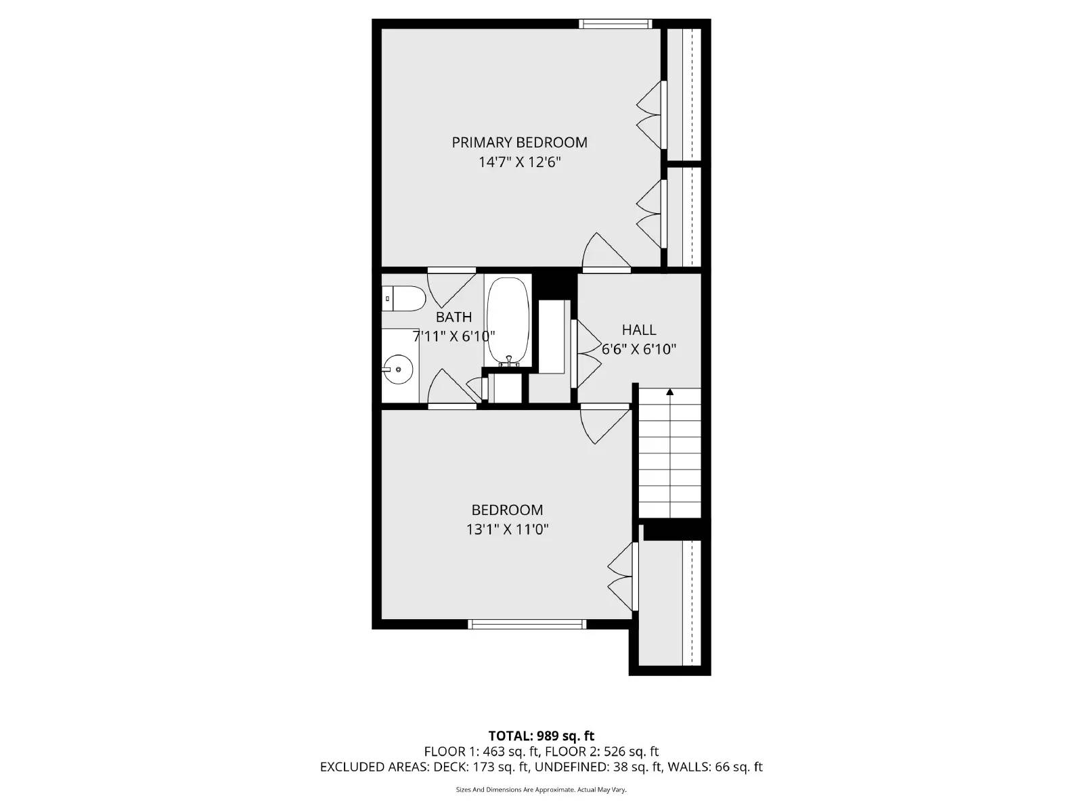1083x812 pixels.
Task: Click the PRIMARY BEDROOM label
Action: pyautogui.click(x=519, y=142)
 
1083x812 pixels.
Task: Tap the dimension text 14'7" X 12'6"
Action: pyautogui.click(x=519, y=162)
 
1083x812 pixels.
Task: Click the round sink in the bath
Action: pyautogui.click(x=398, y=369)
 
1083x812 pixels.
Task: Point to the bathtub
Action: pyautogui.click(x=508, y=321)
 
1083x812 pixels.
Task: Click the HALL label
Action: pyautogui.click(x=639, y=330)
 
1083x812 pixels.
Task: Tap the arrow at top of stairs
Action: pyautogui.click(x=670, y=392)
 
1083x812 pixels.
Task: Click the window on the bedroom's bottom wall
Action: pyautogui.click(x=527, y=624)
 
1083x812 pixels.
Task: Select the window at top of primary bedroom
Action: pyautogui.click(x=615, y=24)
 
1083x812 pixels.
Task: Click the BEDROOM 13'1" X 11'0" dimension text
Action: pyautogui.click(x=507, y=529)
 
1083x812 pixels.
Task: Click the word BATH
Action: pyautogui.click(x=454, y=317)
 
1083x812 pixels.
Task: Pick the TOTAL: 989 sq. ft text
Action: pyautogui.click(x=541, y=736)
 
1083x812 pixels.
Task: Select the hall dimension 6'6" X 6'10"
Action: pyautogui.click(x=639, y=349)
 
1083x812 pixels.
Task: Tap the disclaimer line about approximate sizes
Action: pyautogui.click(x=541, y=790)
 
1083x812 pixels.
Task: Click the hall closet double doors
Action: pyautogui.click(x=586, y=353)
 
